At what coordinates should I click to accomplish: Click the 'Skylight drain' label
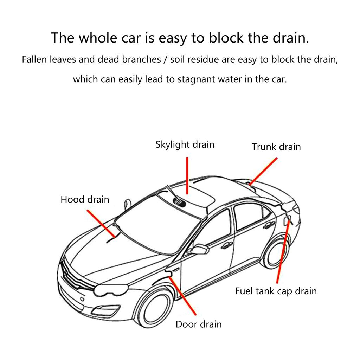[185, 144]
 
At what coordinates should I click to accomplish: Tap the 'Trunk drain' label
[276, 147]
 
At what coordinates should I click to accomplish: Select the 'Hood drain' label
[85, 200]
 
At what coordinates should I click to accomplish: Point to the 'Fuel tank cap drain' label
[276, 291]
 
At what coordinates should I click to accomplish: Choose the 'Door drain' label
[199, 324]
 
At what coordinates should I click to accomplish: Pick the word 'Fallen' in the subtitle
[34, 59]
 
